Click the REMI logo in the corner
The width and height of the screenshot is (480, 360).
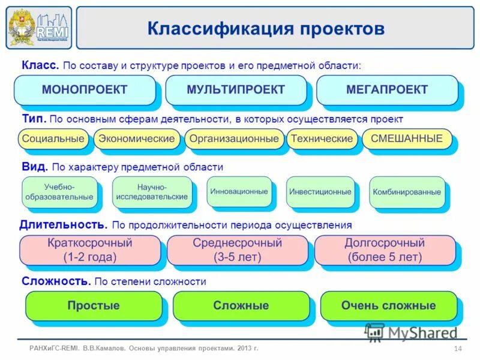point(38,27)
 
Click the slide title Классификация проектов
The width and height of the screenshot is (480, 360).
point(266,28)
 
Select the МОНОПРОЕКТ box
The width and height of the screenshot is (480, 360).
point(85,90)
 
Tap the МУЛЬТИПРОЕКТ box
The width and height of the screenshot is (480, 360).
point(236,90)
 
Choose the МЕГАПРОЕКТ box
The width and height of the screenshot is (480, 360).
point(387,90)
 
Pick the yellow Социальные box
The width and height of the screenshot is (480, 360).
point(53,139)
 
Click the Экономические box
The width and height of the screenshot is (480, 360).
point(137,139)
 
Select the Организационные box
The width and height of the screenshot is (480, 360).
point(234,139)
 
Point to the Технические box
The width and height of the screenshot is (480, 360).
point(322,139)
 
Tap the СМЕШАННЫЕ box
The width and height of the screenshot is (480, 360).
point(407,139)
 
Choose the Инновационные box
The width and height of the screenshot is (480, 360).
point(239,191)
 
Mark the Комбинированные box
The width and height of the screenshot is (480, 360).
point(407,192)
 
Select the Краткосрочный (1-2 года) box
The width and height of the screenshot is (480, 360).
point(90,250)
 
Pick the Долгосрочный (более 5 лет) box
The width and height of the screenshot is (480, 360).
point(385,250)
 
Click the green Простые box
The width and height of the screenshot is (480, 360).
point(94,306)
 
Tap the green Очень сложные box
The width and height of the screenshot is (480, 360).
point(388,306)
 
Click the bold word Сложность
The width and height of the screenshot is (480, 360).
point(56,281)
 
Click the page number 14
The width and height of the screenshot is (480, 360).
point(458,349)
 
